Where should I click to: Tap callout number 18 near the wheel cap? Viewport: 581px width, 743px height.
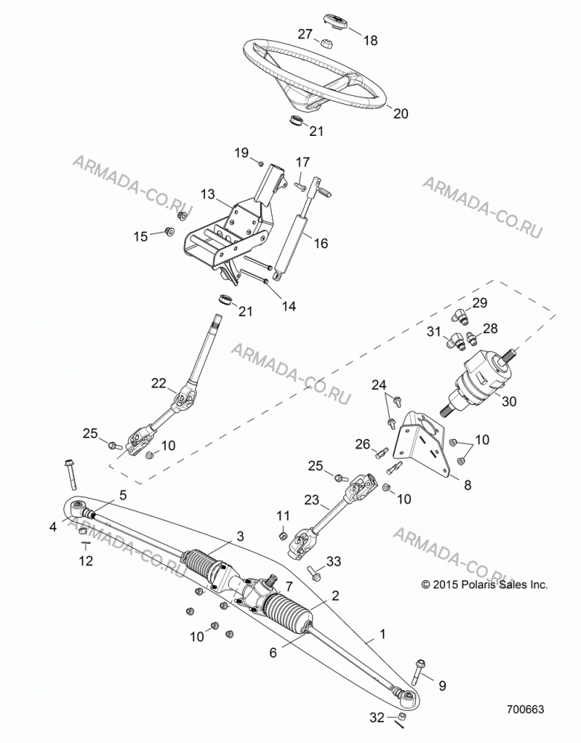[371, 41]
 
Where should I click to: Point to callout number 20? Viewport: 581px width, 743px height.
[400, 114]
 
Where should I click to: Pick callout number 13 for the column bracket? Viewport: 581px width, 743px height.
[207, 194]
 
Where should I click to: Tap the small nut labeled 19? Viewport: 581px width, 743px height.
[261, 164]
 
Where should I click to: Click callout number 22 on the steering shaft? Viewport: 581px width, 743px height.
[159, 383]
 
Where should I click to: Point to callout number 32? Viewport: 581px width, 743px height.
[377, 718]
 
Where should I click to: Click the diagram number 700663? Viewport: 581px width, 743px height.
[525, 709]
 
